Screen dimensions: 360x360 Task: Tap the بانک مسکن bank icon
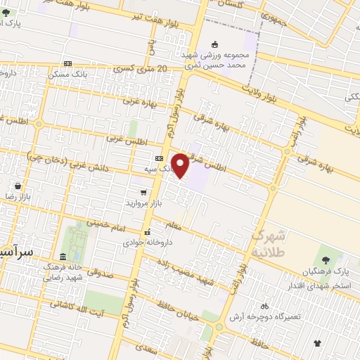[x=67, y=64]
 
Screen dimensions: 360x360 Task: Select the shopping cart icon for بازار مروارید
[x=143, y=191]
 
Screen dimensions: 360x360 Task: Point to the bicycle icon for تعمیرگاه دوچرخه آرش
[x=264, y=307]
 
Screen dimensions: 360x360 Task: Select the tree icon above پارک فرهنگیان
[x=326, y=260]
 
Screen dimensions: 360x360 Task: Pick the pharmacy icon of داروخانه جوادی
[x=147, y=232]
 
